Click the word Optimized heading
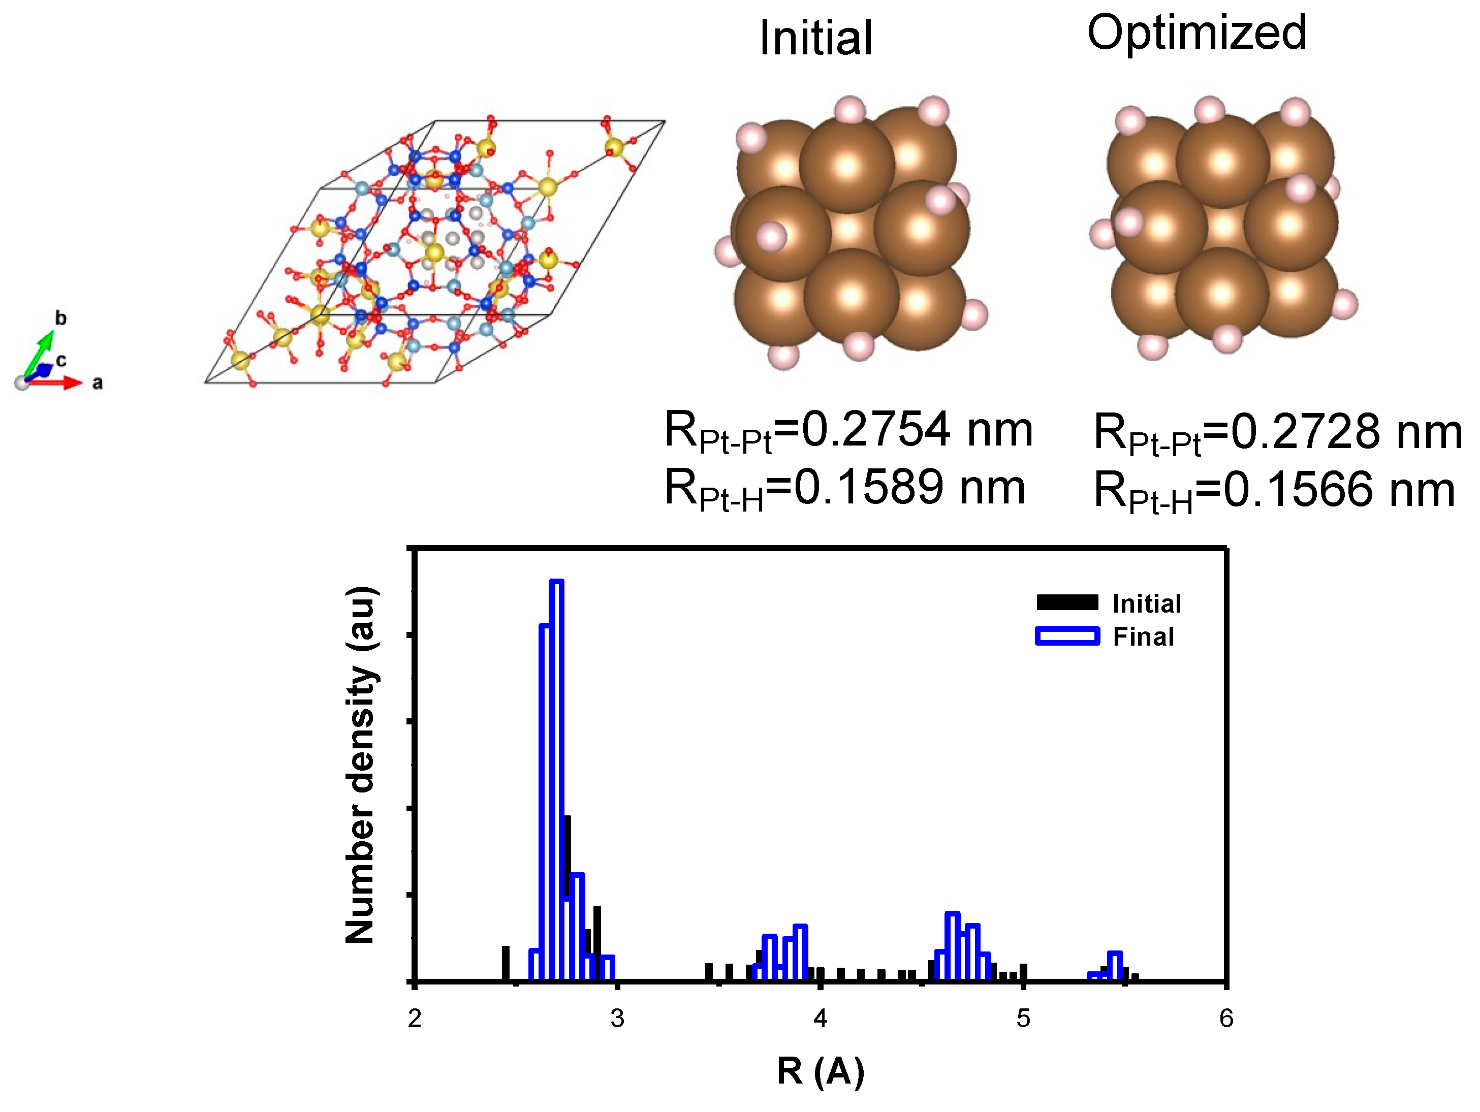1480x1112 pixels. (x=1196, y=34)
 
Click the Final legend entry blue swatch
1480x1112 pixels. (x=1067, y=636)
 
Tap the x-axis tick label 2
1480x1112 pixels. (x=415, y=1019)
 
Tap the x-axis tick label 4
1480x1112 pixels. (x=821, y=1019)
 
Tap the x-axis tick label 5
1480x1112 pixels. (x=1023, y=1019)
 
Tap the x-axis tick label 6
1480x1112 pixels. (x=1226, y=1019)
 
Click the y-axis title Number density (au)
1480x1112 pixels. (x=361, y=765)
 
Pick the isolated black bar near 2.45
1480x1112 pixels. (x=506, y=964)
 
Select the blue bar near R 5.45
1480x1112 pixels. (x=1115, y=967)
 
